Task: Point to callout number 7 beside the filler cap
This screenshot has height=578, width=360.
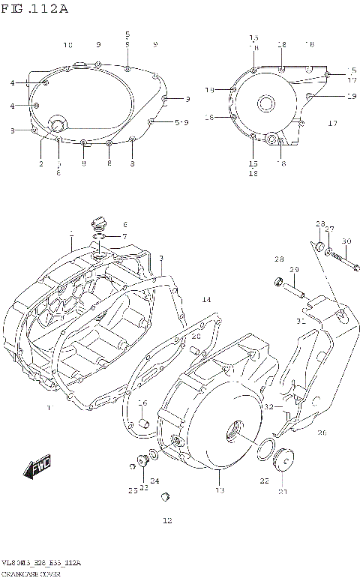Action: point(125,237)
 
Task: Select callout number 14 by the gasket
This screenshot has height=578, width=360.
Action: point(206,300)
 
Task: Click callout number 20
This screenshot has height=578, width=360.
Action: point(196,337)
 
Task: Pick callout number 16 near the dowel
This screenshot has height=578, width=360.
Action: point(142,403)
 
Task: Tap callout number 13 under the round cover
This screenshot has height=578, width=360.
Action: point(219,491)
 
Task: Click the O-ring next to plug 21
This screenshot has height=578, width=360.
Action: point(264,451)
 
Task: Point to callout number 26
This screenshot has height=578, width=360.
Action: point(322,433)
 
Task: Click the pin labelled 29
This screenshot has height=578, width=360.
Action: point(294,286)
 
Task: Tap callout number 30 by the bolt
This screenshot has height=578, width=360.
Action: point(346,241)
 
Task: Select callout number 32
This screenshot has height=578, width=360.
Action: point(268,406)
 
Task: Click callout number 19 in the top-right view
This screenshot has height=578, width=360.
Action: point(351,96)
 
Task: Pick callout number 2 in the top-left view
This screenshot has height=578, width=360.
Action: point(41,163)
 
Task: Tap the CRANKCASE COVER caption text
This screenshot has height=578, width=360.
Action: point(31,572)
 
